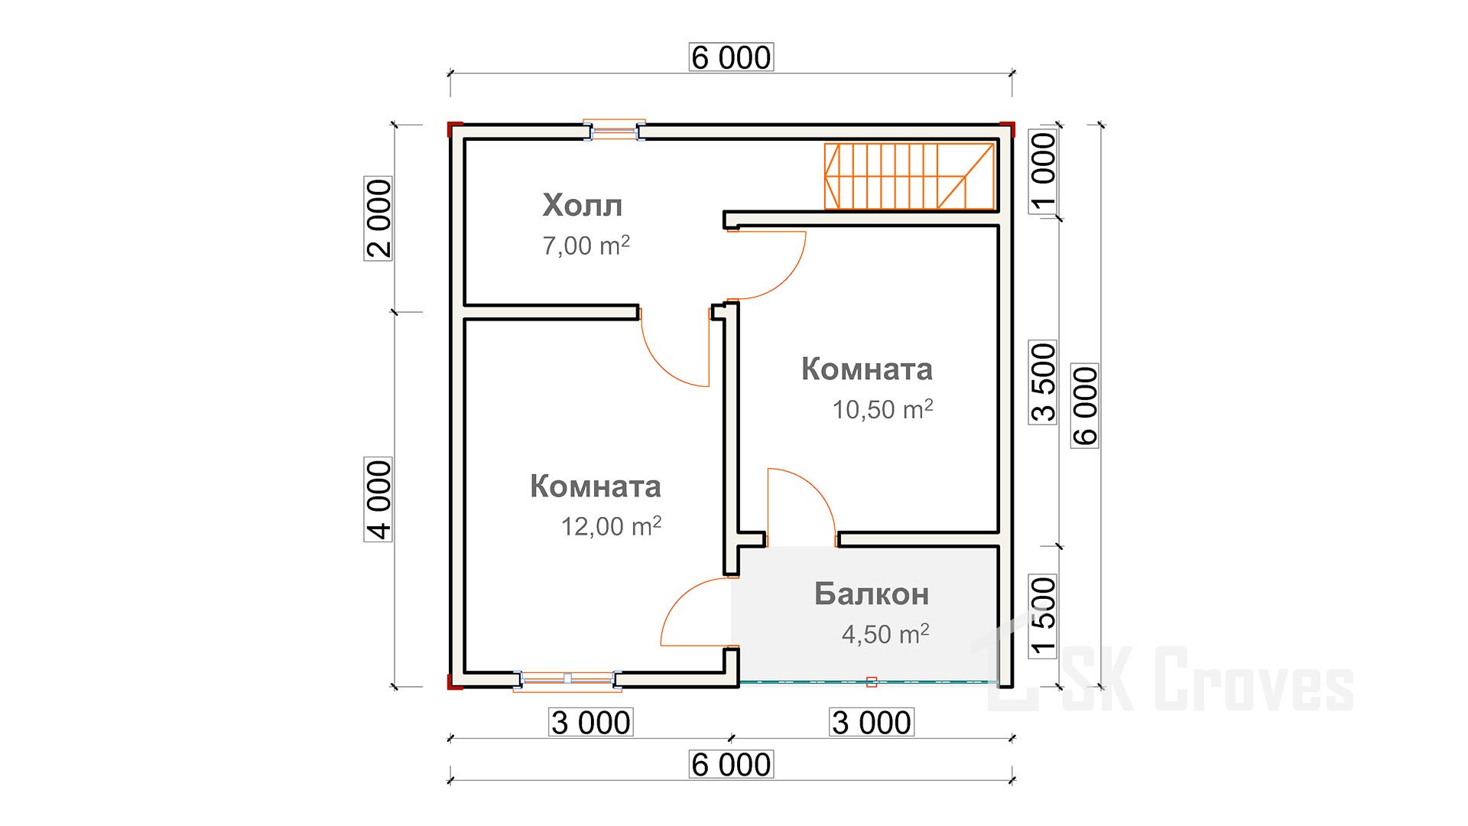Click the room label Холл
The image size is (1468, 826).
[x=583, y=205]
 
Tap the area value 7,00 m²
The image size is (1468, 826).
[x=586, y=246]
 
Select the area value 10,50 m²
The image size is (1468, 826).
[x=882, y=409]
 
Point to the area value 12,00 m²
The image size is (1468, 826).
[x=611, y=526]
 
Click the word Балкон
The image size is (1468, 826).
[x=872, y=593]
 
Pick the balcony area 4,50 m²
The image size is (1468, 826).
[x=885, y=634]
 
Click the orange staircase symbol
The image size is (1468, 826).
[x=909, y=176]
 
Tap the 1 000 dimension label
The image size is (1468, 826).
[x=1043, y=172]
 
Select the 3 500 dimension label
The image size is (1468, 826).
[x=1043, y=382]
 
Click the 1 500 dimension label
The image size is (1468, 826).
[x=1043, y=616]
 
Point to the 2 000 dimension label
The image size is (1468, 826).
[x=378, y=219]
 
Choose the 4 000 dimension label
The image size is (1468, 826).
[x=378, y=499]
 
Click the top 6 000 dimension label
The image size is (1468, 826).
[x=732, y=57]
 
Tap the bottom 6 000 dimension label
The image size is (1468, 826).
[x=732, y=765]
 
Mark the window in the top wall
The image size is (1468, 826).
[x=615, y=131]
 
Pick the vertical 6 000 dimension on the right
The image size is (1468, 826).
[x=1085, y=406]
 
